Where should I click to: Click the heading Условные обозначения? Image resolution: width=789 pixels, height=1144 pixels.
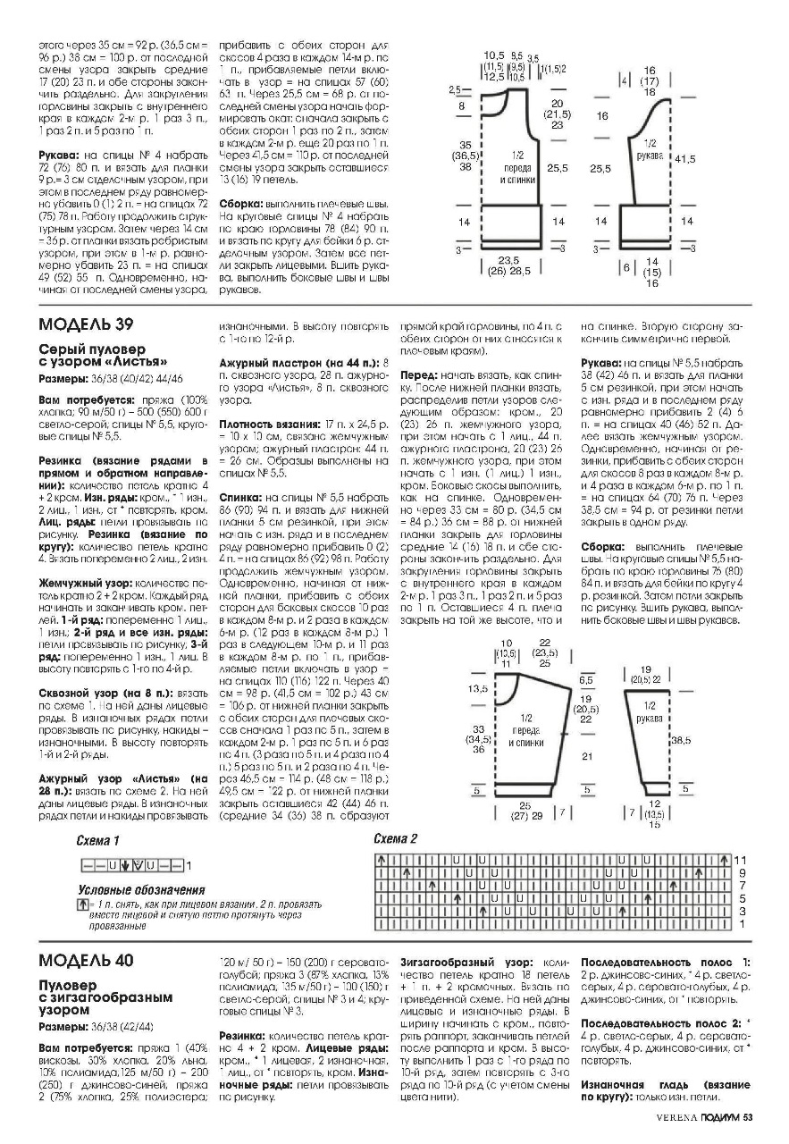(x=141, y=890)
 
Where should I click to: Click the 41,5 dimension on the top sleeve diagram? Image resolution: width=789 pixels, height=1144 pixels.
(x=685, y=158)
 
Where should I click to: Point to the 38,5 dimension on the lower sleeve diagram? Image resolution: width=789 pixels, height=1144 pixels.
(x=682, y=740)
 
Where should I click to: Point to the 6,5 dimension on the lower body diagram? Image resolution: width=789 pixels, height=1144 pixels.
(x=585, y=679)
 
